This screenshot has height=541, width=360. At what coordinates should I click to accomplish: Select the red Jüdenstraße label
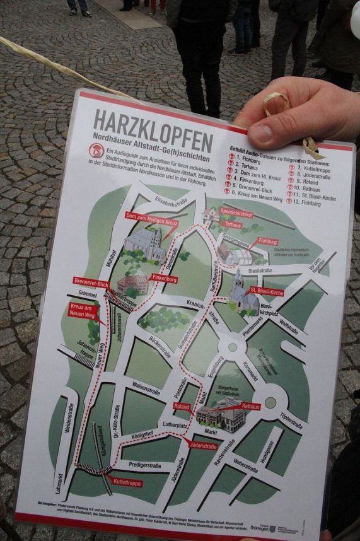coord(203,446)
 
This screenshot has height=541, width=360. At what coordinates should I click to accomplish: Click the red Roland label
coord(182,407)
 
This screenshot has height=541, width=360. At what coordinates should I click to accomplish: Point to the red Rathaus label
coord(250,407)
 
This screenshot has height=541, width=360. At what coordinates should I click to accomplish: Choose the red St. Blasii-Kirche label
coord(267,292)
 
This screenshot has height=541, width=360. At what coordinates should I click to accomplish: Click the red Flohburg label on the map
coord(267,241)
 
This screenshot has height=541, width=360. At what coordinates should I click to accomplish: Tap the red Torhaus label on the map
coord(232,224)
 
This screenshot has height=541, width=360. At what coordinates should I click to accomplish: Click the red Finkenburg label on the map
coord(164,279)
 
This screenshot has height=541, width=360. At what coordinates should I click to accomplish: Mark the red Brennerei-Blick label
coord(91,282)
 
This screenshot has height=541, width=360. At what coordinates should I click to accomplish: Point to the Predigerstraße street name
coord(146,466)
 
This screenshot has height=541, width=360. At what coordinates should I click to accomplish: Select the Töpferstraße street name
coord(291,421)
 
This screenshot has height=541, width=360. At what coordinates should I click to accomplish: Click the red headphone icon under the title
coord(96,151)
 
